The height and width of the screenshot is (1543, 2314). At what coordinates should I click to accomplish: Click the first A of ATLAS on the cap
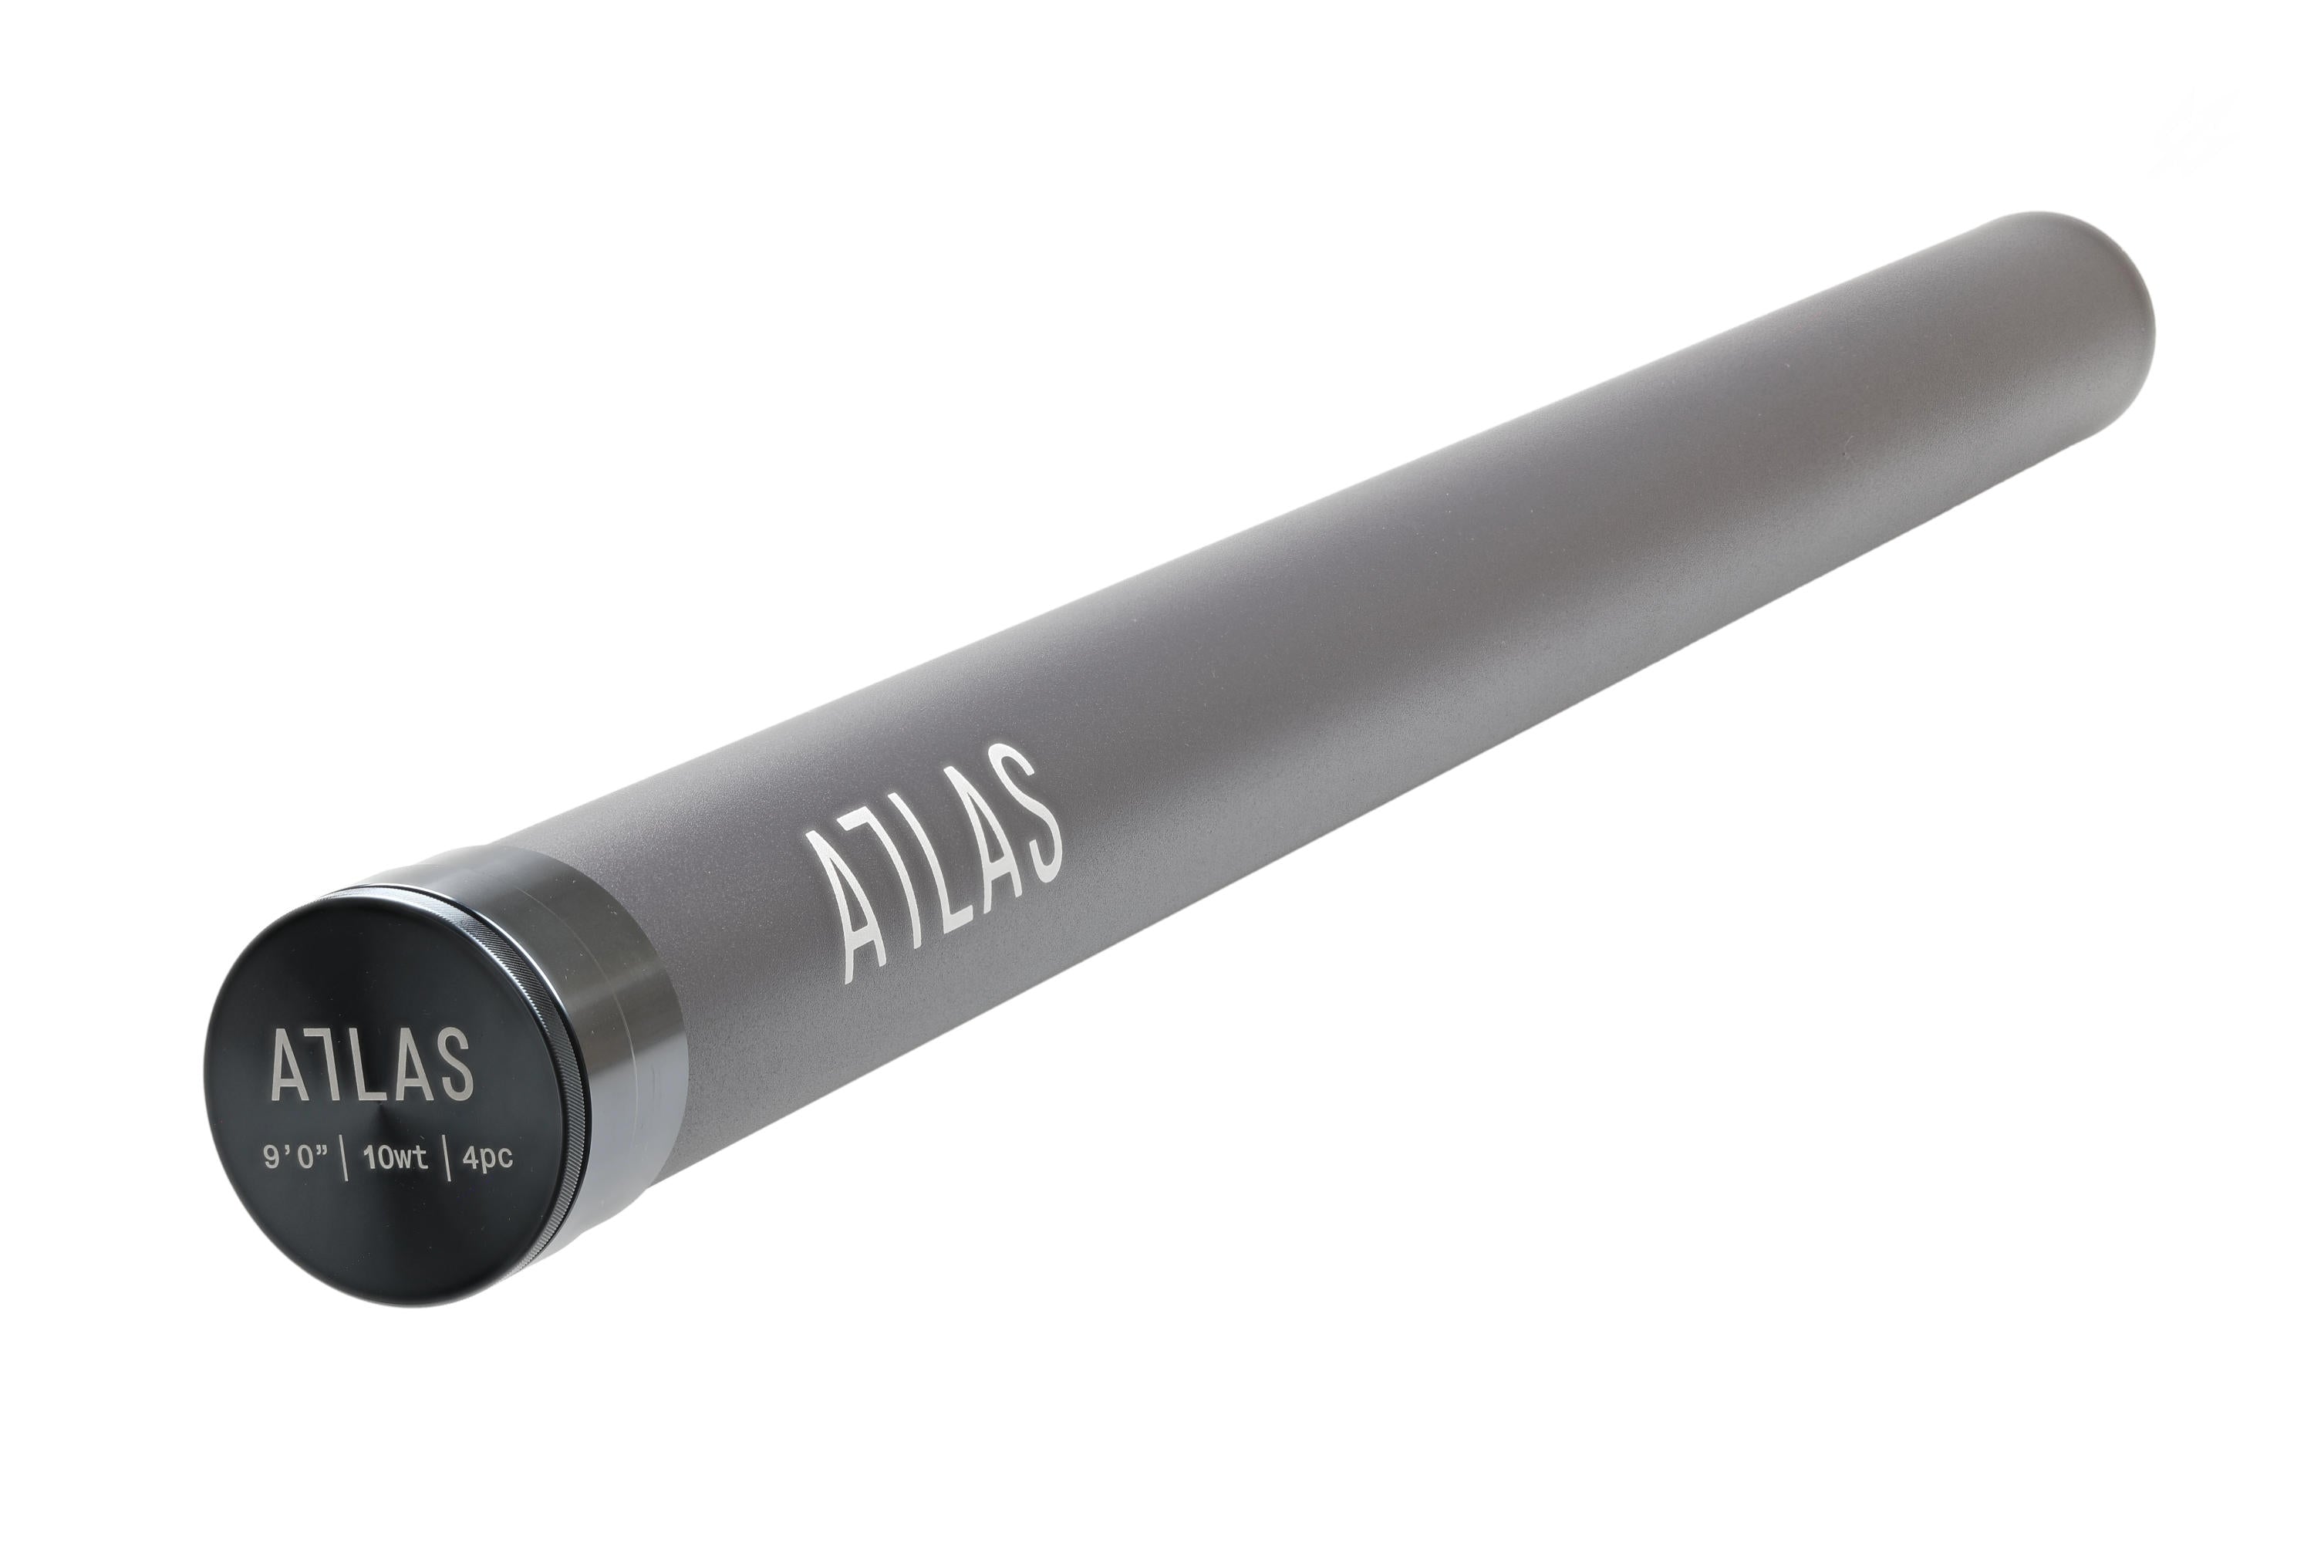[x=292, y=1064]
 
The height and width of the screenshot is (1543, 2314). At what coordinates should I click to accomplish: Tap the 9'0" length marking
[x=295, y=1160]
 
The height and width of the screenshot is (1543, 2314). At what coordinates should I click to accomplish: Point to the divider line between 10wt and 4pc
[x=447, y=1160]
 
